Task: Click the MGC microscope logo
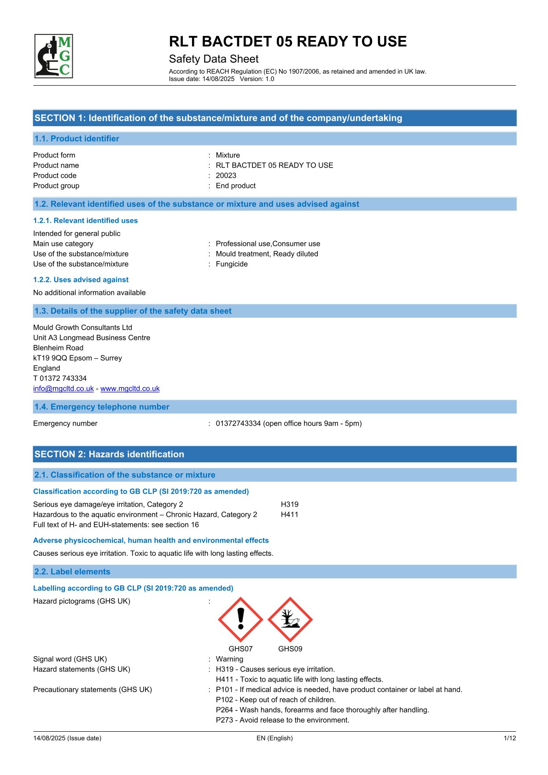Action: click(54, 56)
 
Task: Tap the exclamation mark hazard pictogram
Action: click(240, 619)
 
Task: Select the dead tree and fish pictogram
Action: click(290, 619)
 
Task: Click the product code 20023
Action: click(226, 175)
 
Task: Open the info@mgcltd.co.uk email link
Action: click(64, 388)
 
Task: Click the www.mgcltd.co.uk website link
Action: click(130, 388)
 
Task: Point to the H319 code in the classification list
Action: click(290, 504)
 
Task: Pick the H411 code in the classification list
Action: click(290, 514)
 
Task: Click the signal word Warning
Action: click(229, 659)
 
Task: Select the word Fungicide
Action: click(232, 264)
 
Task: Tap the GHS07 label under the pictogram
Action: click(240, 649)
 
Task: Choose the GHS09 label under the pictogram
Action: click(290, 649)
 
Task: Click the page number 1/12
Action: click(510, 738)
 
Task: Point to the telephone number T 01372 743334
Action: click(60, 378)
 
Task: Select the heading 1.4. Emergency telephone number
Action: click(102, 407)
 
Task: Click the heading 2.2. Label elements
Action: click(72, 571)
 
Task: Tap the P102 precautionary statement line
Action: click(275, 699)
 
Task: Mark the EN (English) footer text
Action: click(274, 738)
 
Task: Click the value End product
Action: click(235, 186)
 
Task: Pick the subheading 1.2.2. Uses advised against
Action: click(81, 280)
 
